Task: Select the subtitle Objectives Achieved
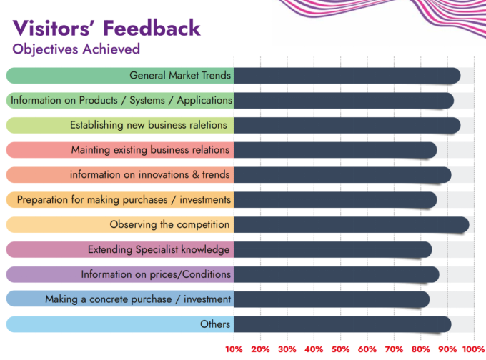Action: [x=76, y=49]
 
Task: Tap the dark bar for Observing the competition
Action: [x=352, y=224]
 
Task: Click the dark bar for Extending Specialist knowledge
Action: [x=333, y=250]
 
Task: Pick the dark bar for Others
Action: [x=342, y=324]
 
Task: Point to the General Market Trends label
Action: [x=180, y=75]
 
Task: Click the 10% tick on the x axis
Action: [x=234, y=349]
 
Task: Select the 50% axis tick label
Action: [x=340, y=349]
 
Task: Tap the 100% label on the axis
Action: [x=473, y=349]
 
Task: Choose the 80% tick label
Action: [x=420, y=349]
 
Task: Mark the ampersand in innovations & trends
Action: [x=195, y=174]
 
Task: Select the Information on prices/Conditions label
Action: [x=156, y=274]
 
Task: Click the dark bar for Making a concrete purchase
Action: [x=332, y=299]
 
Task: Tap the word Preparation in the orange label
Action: [x=43, y=200]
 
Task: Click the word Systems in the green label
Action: [x=147, y=101]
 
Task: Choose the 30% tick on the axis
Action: [x=287, y=349]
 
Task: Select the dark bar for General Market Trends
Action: [x=347, y=76]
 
